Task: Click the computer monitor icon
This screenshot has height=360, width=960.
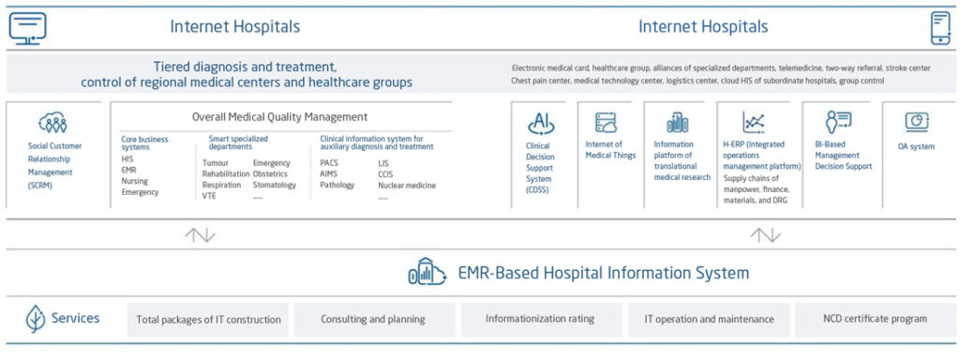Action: point(27,27)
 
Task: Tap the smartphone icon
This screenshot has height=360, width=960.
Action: point(940,28)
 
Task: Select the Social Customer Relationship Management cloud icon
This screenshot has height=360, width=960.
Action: point(52,123)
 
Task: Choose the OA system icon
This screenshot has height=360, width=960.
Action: point(917,122)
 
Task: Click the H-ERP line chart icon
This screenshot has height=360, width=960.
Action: point(753,123)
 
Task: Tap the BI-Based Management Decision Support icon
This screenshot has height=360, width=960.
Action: point(837,122)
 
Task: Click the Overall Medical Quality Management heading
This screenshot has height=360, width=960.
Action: point(279,116)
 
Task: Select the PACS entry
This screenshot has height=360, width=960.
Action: point(329,163)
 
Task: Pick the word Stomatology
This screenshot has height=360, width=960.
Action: point(275,185)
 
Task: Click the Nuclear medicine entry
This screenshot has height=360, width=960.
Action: point(407,185)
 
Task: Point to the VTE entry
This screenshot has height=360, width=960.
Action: point(209,196)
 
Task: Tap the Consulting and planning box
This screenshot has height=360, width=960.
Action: point(373,319)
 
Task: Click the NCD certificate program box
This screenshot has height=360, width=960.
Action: point(875,319)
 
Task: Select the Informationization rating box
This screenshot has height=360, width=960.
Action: point(540,319)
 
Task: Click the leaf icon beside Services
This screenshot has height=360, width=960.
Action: point(35,319)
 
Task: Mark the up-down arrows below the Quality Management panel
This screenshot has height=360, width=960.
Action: point(201,234)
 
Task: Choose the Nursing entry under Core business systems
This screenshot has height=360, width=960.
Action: point(135,181)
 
